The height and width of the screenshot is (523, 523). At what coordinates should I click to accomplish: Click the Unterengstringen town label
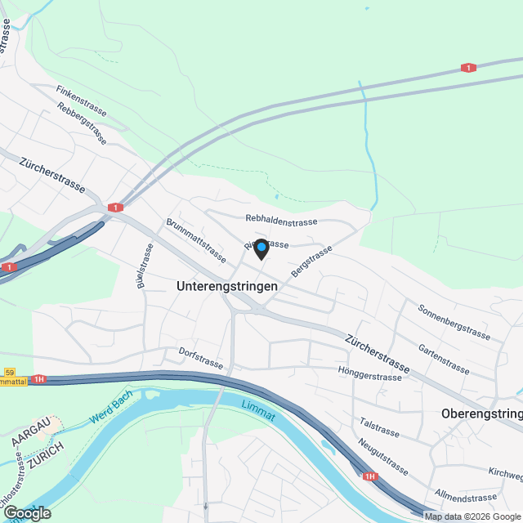point(227,287)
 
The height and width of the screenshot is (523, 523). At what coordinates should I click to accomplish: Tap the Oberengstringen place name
point(481,413)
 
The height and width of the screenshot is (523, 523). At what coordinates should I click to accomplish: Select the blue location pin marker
point(261,248)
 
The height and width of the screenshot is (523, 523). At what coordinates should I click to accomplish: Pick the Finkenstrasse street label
point(83,102)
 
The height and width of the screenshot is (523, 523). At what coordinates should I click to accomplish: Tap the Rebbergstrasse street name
point(82,124)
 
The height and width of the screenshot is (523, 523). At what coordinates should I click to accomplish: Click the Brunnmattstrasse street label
point(195,239)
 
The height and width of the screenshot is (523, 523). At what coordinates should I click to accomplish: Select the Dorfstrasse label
point(201,357)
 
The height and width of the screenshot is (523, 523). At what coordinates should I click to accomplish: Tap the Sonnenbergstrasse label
point(454,322)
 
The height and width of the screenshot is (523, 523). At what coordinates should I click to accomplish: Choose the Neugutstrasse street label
point(382,456)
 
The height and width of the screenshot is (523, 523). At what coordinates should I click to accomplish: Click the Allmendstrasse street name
point(467,497)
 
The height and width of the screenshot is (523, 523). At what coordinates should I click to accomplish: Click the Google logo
point(27,512)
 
